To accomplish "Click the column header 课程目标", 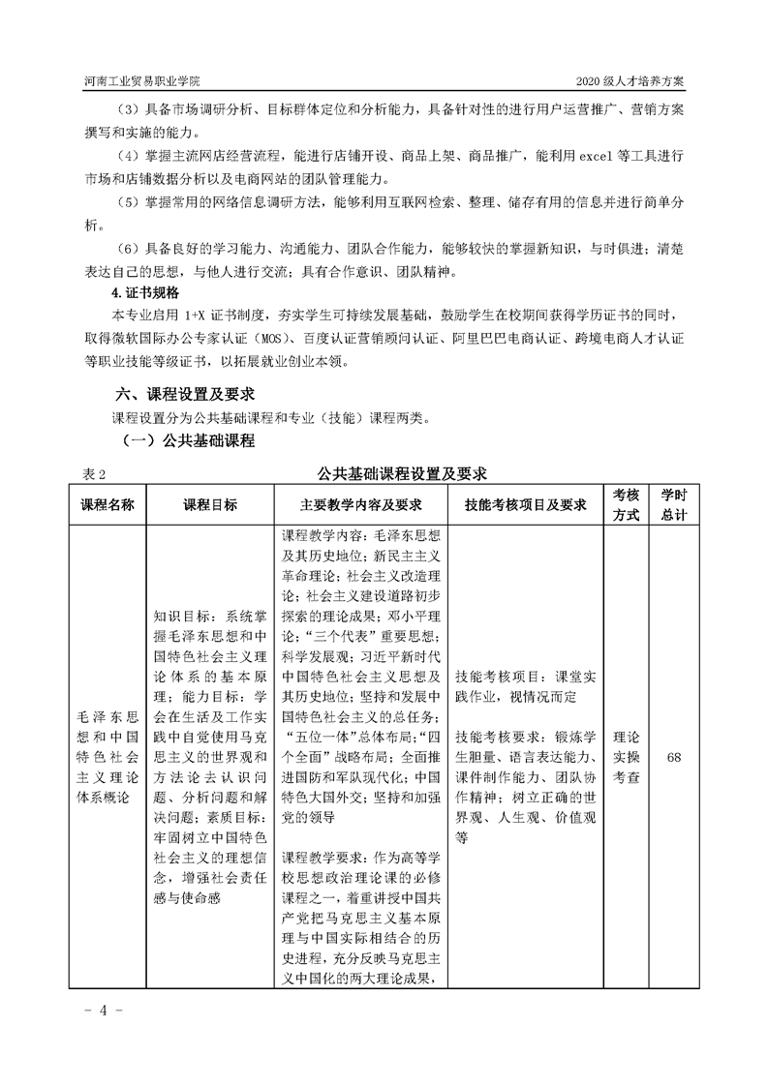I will pyautogui.click(x=210, y=504).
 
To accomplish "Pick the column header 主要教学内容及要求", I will pyautogui.click(x=362, y=504).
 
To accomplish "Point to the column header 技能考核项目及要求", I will pyautogui.click(x=526, y=504).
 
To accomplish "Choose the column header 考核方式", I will pyautogui.click(x=627, y=504).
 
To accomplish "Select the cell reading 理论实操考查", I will pyautogui.click(x=627, y=757).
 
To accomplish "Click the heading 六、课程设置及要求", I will pyautogui.click(x=185, y=394).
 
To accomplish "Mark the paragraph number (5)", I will pyautogui.click(x=128, y=204).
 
